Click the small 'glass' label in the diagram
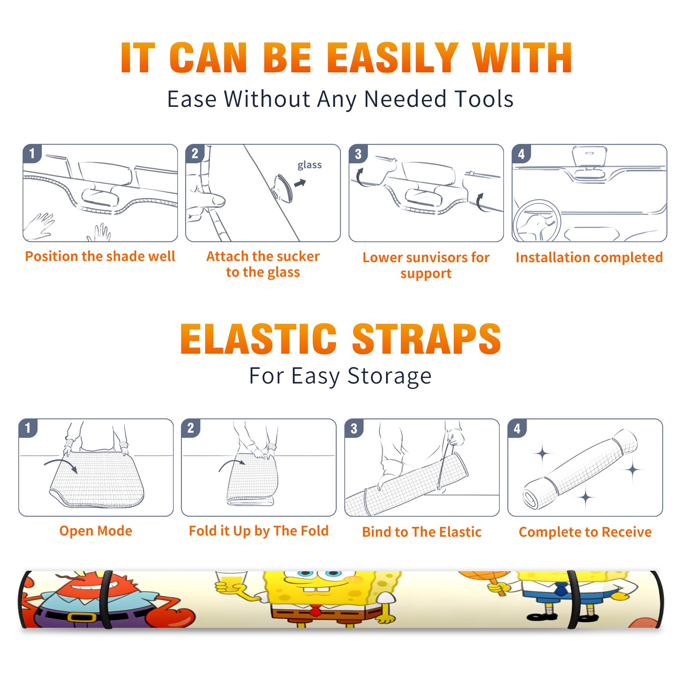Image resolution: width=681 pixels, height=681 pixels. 309,165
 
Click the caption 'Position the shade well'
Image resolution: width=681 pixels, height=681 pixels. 100,256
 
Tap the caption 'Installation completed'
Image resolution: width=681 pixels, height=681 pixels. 589,257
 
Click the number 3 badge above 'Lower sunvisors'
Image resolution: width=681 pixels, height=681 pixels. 358,154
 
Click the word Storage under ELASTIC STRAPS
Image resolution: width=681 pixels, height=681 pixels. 389,376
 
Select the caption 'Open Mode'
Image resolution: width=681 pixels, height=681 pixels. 96,531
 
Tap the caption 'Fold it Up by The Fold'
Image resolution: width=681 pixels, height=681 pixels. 259,531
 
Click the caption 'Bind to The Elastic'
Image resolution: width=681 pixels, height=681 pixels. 422,532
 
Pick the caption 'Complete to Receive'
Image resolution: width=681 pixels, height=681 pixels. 585,532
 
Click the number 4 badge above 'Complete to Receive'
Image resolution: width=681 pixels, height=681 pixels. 517,428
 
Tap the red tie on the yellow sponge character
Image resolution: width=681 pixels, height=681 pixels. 315,611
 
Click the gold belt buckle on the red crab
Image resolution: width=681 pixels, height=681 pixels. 82,617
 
